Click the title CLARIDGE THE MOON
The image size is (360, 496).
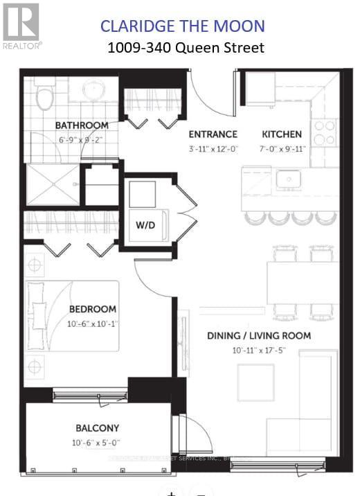[x=183, y=26]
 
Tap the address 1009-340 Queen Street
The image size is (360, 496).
[x=186, y=48]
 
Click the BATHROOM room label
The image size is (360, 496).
[x=82, y=125]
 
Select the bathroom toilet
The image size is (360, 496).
[x=46, y=97]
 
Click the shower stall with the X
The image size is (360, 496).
[x=53, y=184]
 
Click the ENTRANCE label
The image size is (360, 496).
[x=213, y=134]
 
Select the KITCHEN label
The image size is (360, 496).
[x=282, y=134]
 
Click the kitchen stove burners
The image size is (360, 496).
[x=325, y=132]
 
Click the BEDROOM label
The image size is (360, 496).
[x=92, y=309]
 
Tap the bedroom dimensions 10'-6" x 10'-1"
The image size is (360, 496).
[x=92, y=323]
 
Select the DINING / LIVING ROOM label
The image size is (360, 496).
[x=259, y=336]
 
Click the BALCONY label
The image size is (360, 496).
[x=97, y=428]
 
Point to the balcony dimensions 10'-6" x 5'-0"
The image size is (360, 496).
[x=97, y=443]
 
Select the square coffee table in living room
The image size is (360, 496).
[x=256, y=383]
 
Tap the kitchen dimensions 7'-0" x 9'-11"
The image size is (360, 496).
[x=282, y=148]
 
